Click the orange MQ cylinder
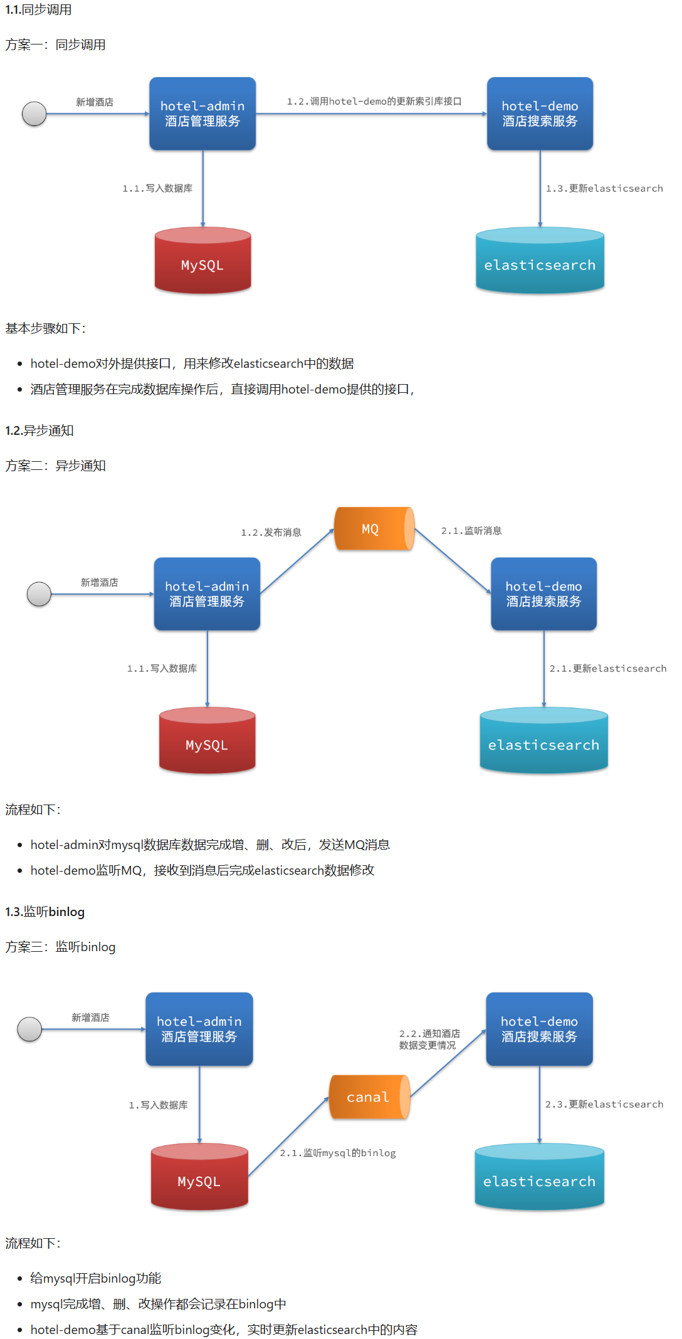pos(374,529)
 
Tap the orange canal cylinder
pos(369,1097)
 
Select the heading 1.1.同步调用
pos(38,10)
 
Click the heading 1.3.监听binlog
pos(45,912)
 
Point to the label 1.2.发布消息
pos(271,533)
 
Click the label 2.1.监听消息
pos(471,531)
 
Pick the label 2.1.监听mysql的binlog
pos(338,1153)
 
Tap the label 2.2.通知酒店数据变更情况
pos(429,1039)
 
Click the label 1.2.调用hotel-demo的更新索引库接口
pos(374,102)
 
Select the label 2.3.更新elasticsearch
pos(604,1104)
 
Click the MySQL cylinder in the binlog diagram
pos(199,1177)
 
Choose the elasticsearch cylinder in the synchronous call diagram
pos(540,261)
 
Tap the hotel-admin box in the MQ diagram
pos(207,594)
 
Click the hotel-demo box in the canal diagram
pos(539,1029)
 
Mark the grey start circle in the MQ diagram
pos(39,594)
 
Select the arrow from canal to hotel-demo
pos(448,1063)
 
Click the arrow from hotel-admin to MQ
pos(297,561)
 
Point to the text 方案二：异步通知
pos(55,466)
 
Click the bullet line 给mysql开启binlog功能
pos(95,1278)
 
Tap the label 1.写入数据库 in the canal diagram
pos(158,1105)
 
